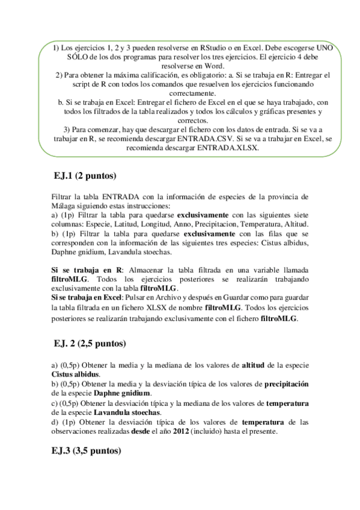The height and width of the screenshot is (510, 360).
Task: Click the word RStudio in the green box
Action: coord(203,47)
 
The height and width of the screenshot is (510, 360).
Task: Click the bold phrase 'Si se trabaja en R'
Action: coord(87,271)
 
